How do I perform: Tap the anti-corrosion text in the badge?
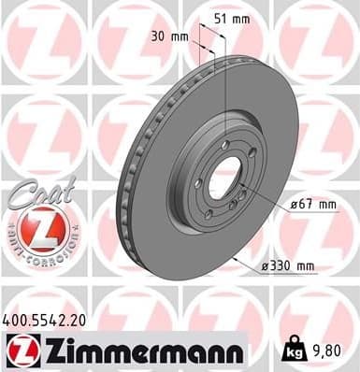pyautogui.click(x=39, y=250)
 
